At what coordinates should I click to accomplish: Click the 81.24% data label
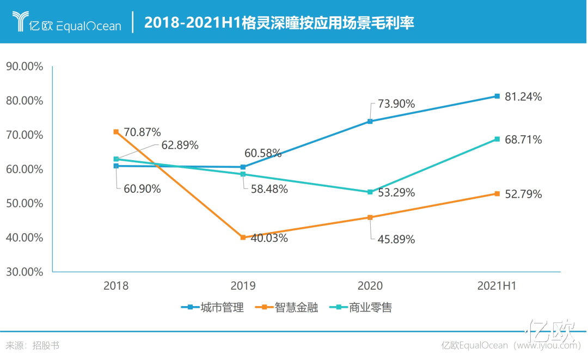pyautogui.click(x=523, y=97)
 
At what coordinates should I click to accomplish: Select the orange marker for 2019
pyautogui.click(x=243, y=237)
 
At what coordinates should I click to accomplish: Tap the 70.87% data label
pyautogui.click(x=142, y=132)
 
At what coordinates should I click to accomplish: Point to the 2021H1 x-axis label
pyautogui.click(x=497, y=286)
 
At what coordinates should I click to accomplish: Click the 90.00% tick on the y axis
pyautogui.click(x=24, y=66)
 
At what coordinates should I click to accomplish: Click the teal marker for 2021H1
pyautogui.click(x=497, y=139)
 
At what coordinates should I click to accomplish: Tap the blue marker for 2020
pyautogui.click(x=370, y=121)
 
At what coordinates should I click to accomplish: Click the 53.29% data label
pyautogui.click(x=396, y=193)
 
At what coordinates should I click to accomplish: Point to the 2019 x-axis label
pyautogui.click(x=243, y=286)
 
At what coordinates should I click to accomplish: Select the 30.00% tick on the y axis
pyautogui.click(x=24, y=272)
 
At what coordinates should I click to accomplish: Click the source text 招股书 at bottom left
pyautogui.click(x=46, y=345)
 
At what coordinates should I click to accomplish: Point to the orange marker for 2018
pyautogui.click(x=116, y=132)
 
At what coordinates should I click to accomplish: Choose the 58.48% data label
pyautogui.click(x=269, y=190)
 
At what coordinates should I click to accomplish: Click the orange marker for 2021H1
pyautogui.click(x=497, y=194)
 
